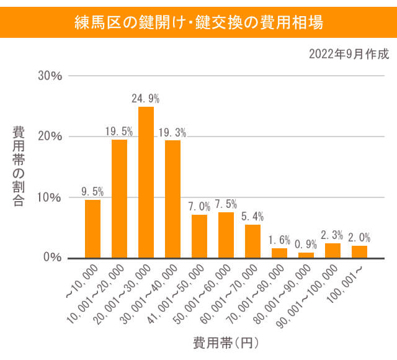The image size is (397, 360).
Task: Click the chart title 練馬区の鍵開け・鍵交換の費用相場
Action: [x=198, y=24]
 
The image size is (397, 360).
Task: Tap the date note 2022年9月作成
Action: [x=349, y=54]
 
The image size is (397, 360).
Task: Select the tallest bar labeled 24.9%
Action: [x=146, y=182]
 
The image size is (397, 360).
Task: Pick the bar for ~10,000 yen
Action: [x=92, y=228]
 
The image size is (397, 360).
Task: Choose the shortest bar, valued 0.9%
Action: [x=306, y=254]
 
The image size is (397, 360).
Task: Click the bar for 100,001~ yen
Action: [x=359, y=251]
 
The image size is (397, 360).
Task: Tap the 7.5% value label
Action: [x=226, y=204]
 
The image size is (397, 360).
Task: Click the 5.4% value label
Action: [x=252, y=217]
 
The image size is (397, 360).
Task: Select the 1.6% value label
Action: [x=279, y=240]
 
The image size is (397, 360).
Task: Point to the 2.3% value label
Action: [x=332, y=235]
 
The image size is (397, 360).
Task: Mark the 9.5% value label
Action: [x=92, y=191]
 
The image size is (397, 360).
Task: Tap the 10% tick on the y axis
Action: [x=50, y=197]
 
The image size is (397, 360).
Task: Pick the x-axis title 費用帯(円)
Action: [x=225, y=342]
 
